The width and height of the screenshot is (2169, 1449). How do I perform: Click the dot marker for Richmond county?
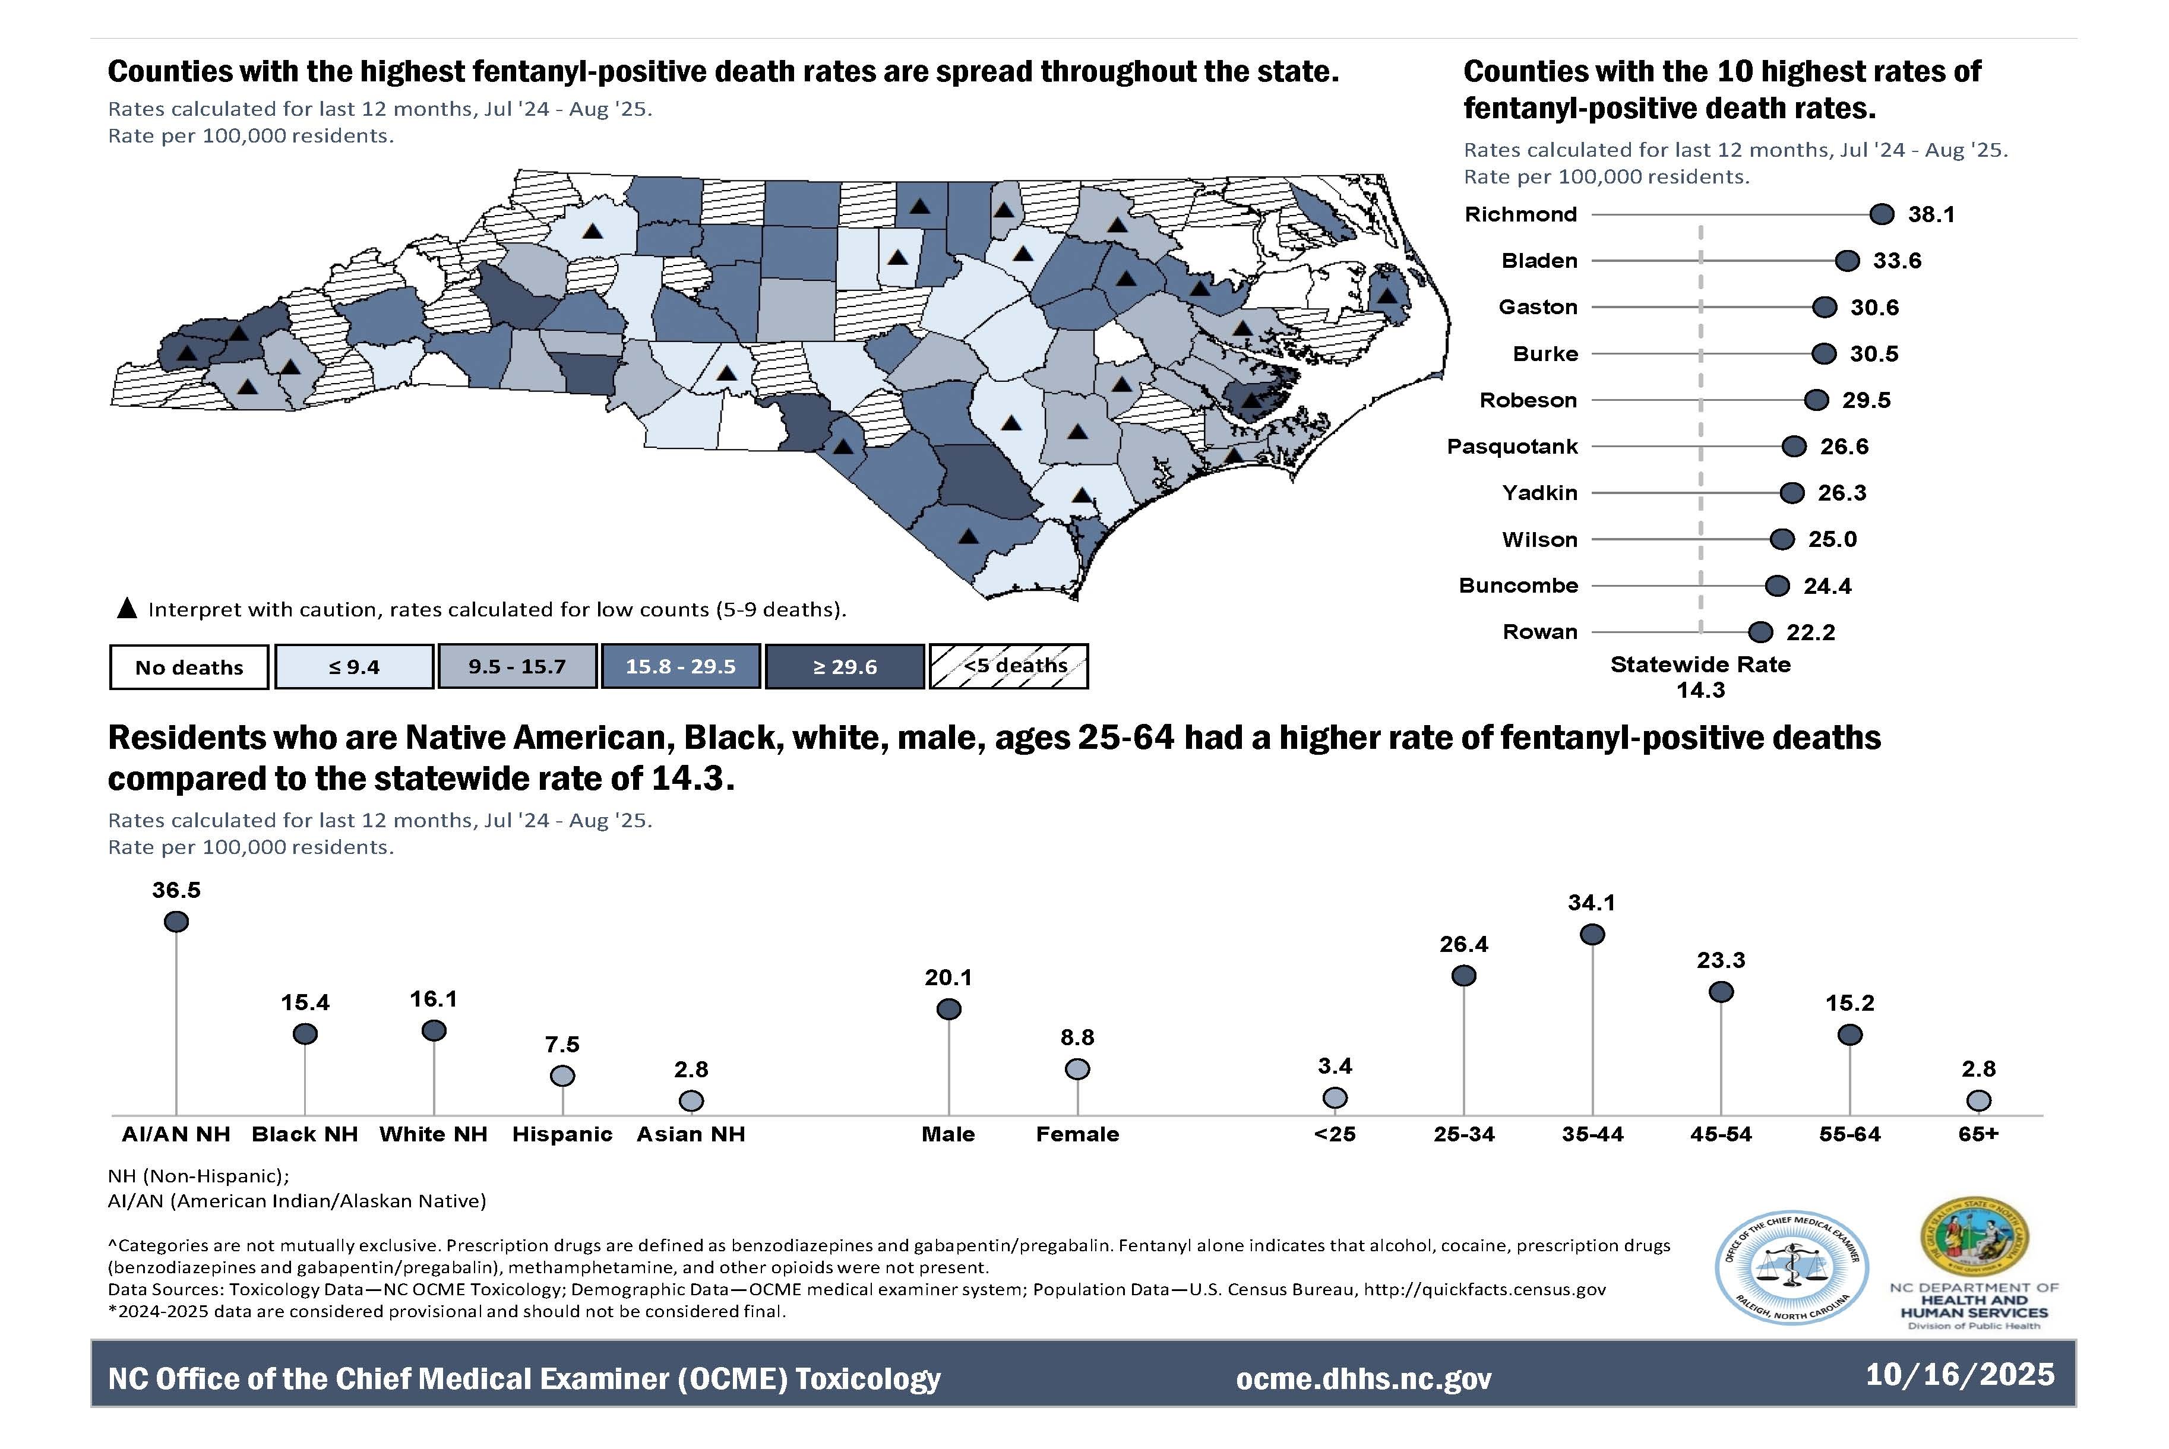[1881, 214]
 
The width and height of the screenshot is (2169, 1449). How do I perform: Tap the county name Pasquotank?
[1512, 447]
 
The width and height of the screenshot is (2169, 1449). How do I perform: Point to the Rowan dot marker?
[1760, 632]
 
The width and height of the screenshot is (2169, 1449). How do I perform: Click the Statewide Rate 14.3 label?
[1700, 676]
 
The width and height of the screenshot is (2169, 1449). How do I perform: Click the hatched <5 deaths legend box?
[1008, 666]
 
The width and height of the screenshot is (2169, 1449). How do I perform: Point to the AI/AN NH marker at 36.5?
[176, 921]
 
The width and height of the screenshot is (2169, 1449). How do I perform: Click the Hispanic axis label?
[562, 1134]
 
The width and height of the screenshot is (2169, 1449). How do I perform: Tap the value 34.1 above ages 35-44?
[1591, 903]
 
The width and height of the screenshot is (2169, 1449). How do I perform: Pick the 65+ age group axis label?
[1978, 1134]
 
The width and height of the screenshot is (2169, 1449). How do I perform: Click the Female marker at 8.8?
[1077, 1069]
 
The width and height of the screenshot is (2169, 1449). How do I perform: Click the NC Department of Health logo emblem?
[1974, 1238]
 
